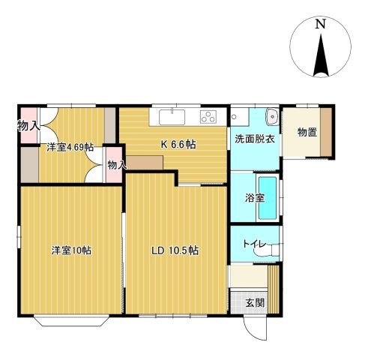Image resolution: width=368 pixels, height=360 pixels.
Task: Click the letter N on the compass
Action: [x=321, y=24]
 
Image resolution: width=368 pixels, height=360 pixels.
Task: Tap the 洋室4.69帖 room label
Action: [x=70, y=147]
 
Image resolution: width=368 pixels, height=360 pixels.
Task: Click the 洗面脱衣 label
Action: [x=255, y=139]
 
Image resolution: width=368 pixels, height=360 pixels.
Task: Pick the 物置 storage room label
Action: [x=307, y=133]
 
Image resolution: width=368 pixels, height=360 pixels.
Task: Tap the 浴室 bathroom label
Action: [x=254, y=199]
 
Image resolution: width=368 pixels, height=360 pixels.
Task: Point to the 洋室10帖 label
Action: [x=70, y=250]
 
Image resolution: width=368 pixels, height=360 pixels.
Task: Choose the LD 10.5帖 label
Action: [x=175, y=250]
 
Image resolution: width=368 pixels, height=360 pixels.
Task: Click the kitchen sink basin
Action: [x=172, y=117]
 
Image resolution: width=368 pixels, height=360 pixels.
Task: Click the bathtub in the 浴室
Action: [x=268, y=198]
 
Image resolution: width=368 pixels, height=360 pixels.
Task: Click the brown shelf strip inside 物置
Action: [x=327, y=133]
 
